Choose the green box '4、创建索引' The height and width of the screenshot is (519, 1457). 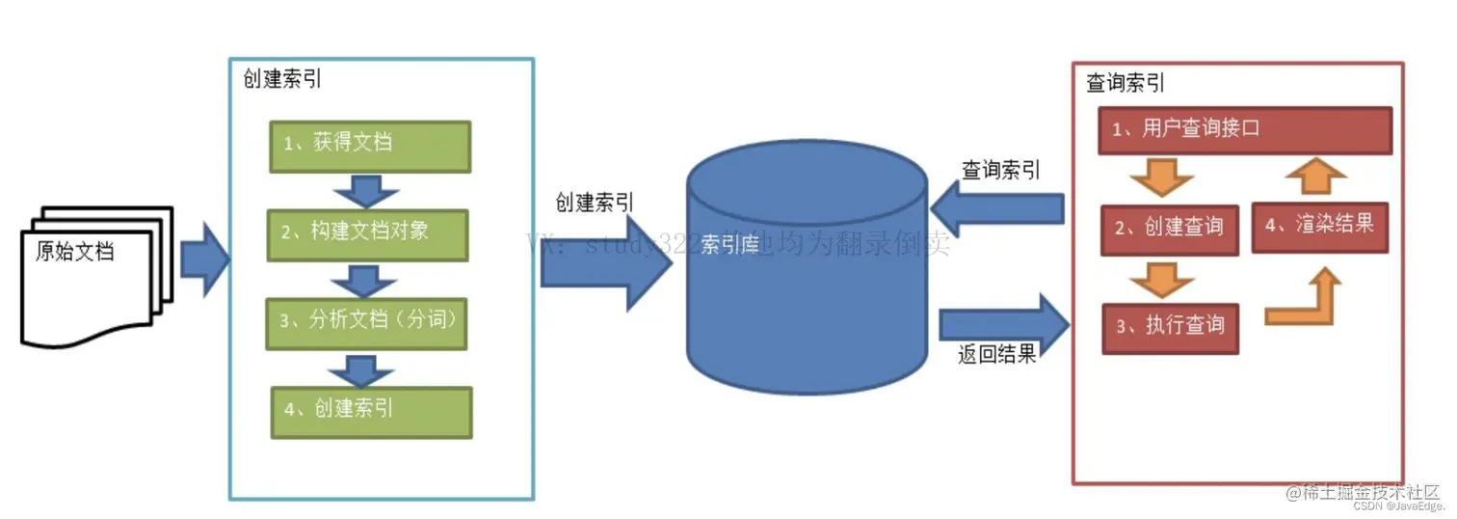tap(371, 411)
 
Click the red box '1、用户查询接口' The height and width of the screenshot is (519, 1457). tap(1245, 129)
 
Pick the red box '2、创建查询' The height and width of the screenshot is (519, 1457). tap(1170, 229)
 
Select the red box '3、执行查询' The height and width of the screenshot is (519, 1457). tap(1170, 326)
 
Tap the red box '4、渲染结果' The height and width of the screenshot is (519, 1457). tap(1318, 226)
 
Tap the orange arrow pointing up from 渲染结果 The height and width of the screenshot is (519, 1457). tap(1316, 177)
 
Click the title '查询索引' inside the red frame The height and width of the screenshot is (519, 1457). tap(1126, 84)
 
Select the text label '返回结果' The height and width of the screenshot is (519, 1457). tap(996, 355)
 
